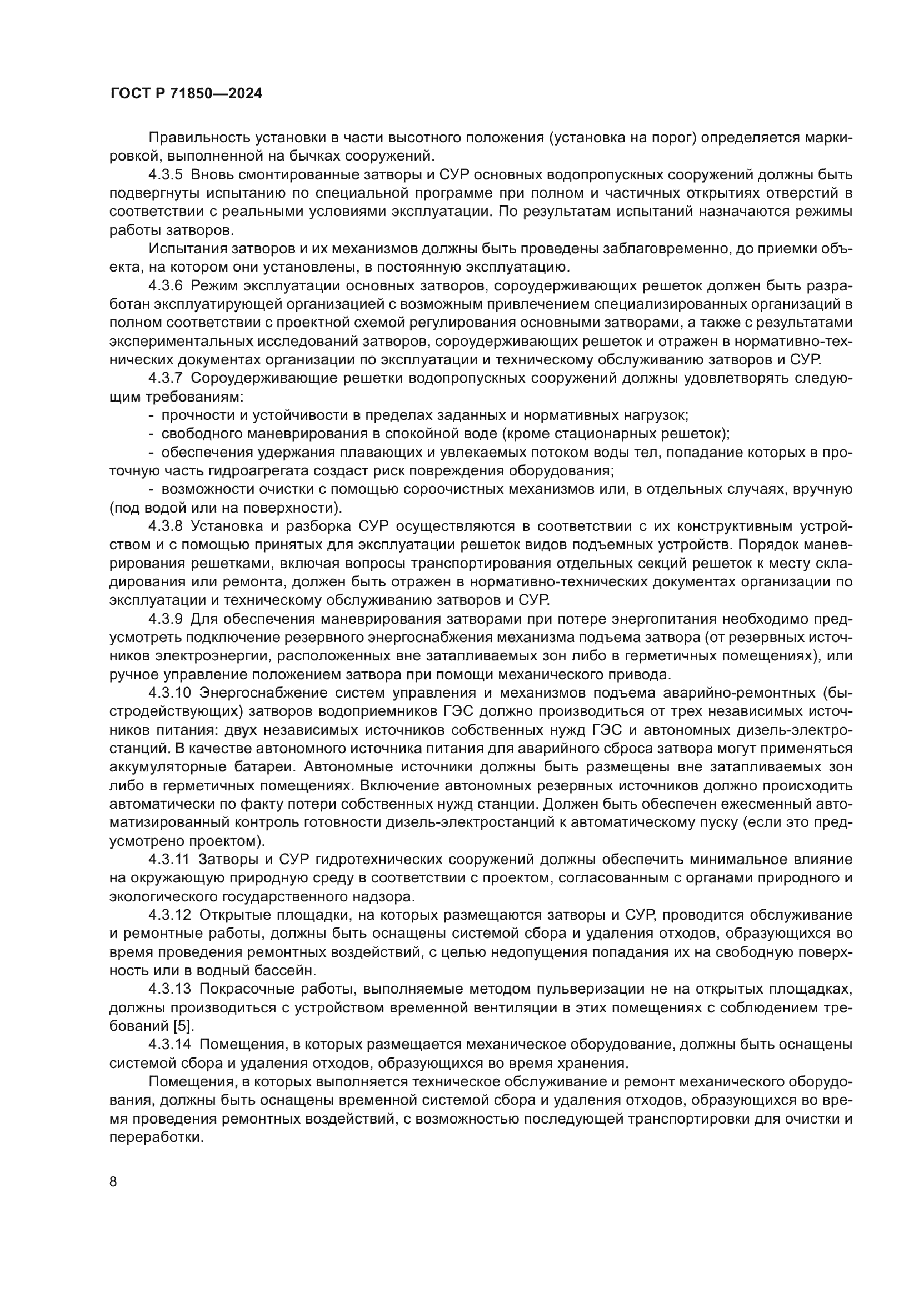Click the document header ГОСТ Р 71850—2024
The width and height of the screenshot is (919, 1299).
186,94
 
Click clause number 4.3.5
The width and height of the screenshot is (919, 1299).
166,175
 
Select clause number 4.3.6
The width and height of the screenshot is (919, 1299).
166,285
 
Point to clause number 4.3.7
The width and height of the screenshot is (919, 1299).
166,379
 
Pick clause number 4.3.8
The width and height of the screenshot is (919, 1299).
166,526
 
